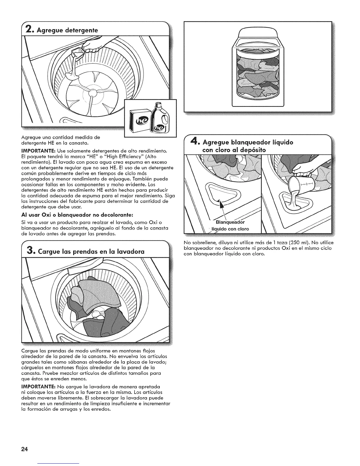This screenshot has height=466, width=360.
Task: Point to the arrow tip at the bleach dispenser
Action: pyautogui.click(x=220, y=201)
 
